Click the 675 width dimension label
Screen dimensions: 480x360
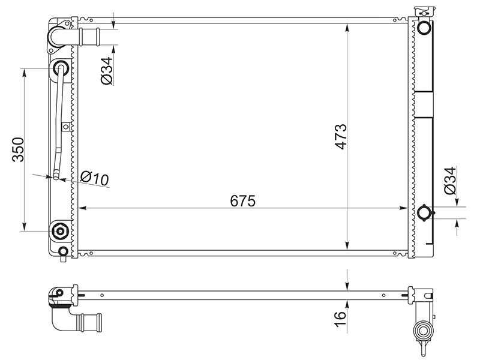click(x=243, y=201)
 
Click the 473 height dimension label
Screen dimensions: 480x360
click(x=341, y=137)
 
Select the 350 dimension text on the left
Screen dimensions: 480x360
click(x=18, y=149)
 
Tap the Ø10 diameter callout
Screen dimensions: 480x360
click(x=95, y=178)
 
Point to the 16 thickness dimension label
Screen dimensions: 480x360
click(x=340, y=319)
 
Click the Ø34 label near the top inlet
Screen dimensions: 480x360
click(x=107, y=71)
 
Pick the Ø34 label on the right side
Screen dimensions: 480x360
click(x=450, y=181)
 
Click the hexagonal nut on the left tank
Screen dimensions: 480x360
click(x=61, y=231)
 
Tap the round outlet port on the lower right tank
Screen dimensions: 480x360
click(x=425, y=212)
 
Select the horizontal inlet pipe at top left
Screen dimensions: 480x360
click(x=89, y=37)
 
